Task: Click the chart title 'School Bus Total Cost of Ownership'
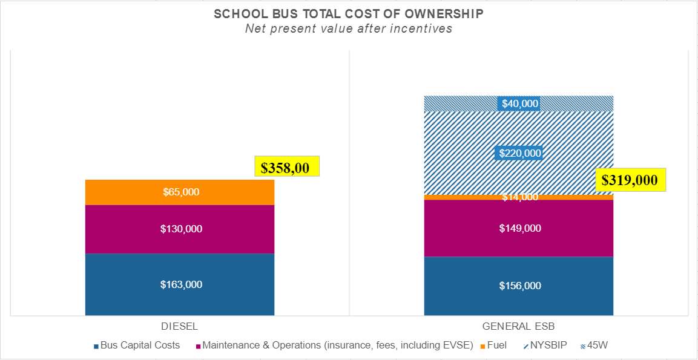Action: [x=349, y=14]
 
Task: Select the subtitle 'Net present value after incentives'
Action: [x=349, y=29]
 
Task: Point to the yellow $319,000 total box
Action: [x=631, y=180]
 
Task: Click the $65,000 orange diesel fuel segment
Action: [x=180, y=192]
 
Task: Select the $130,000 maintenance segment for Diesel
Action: [x=180, y=229]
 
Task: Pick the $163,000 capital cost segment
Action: [x=180, y=285]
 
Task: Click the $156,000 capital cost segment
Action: [x=519, y=286]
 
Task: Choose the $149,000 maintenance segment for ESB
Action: [x=519, y=229]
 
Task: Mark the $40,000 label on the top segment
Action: [x=519, y=103]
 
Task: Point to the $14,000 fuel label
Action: [x=519, y=197]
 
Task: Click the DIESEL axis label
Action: [x=180, y=326]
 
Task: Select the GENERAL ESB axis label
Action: [x=519, y=326]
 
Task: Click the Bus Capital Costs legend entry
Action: [x=140, y=345]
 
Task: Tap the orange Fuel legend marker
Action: [x=482, y=346]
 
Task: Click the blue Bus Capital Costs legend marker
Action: [x=96, y=346]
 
